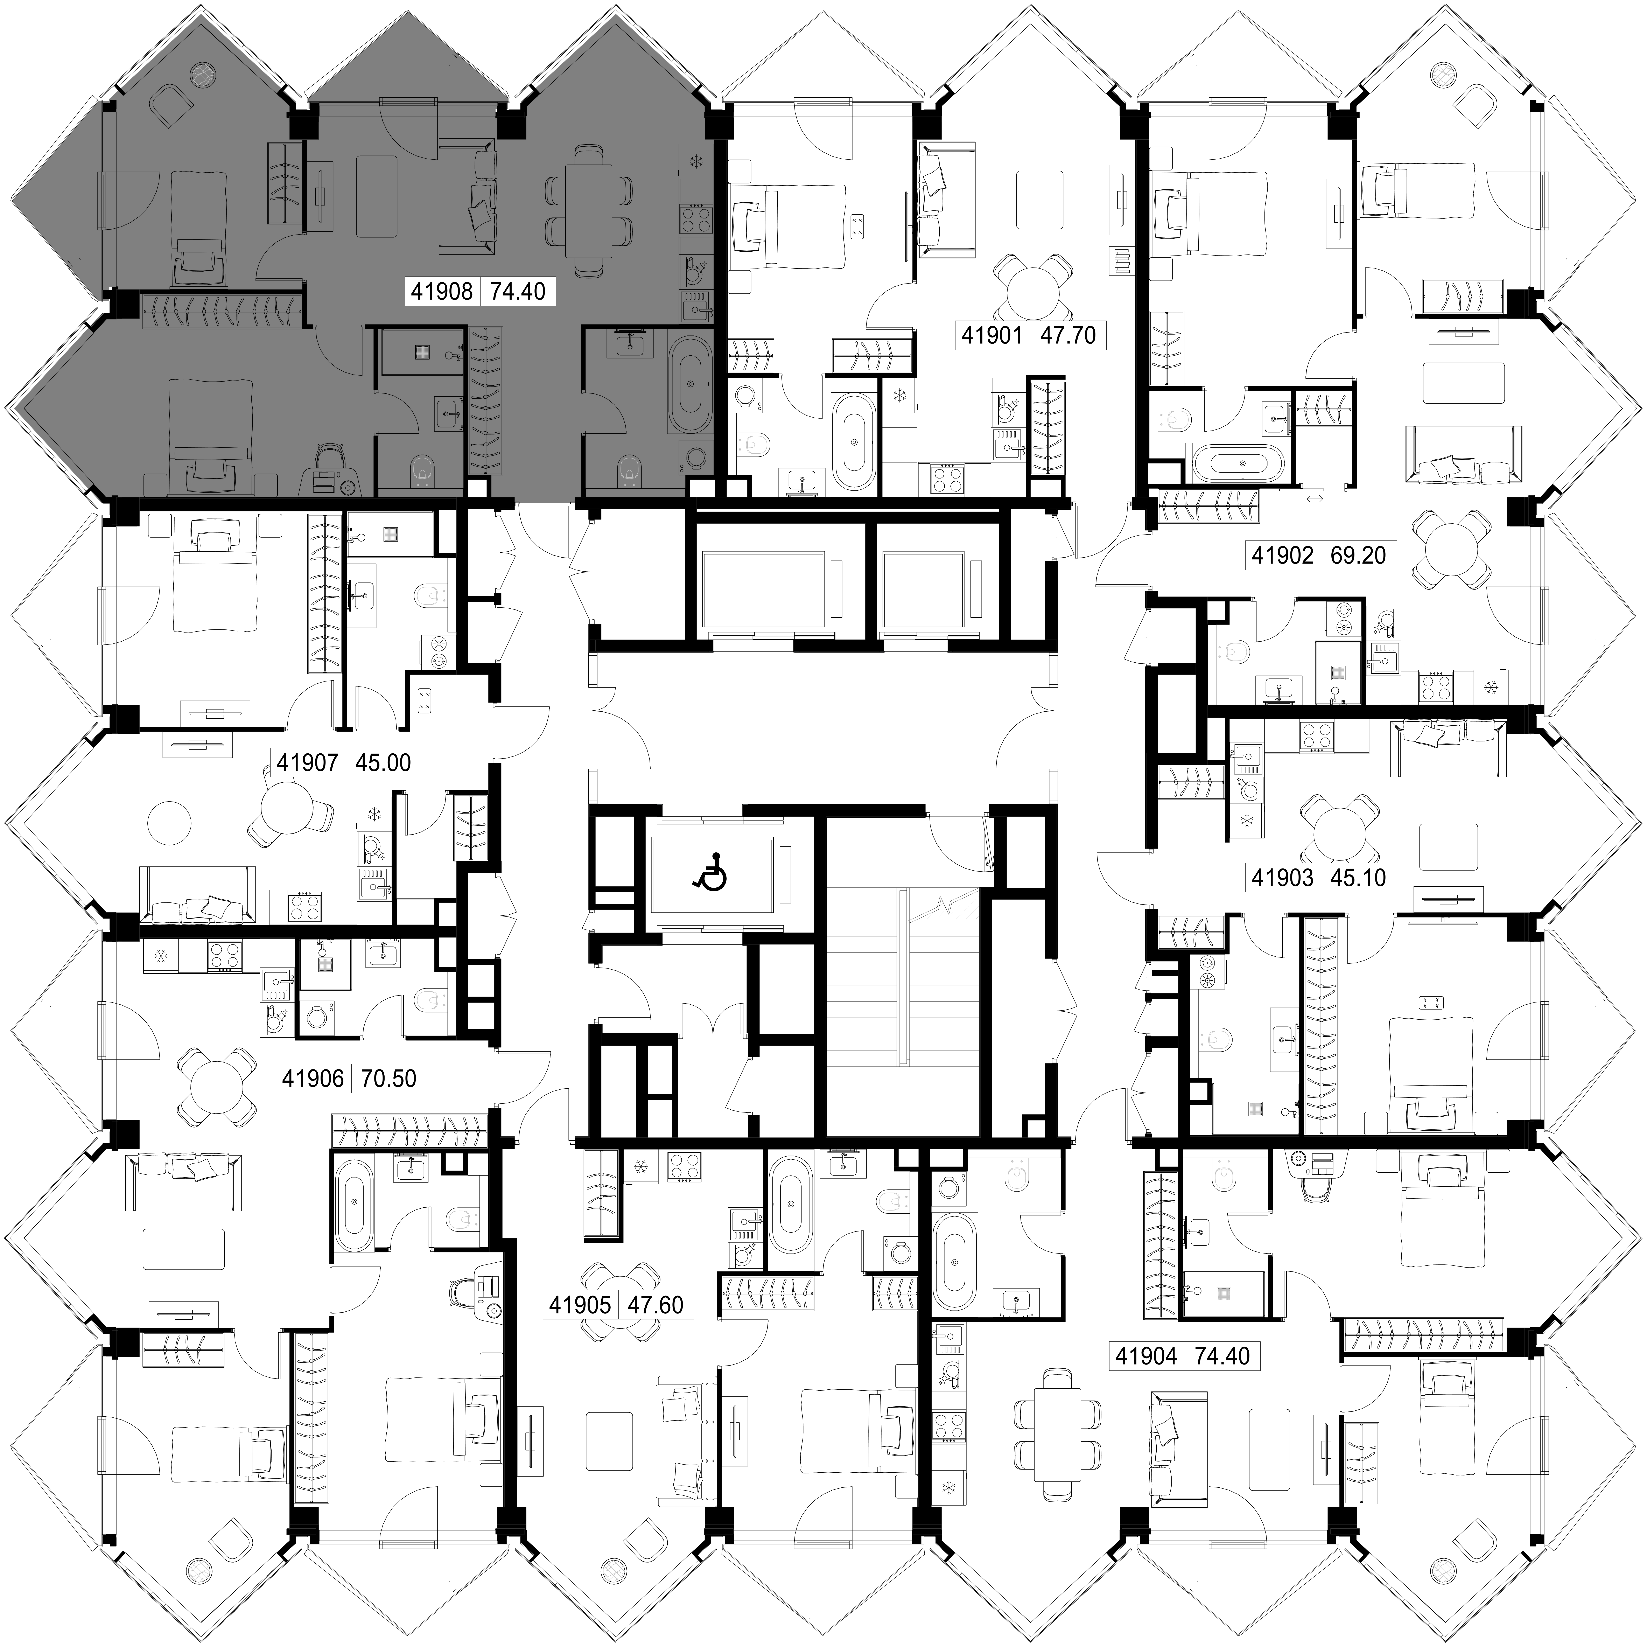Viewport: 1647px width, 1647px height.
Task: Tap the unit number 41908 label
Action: coord(442,292)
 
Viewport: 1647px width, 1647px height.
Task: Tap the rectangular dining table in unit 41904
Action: coord(1056,1438)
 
